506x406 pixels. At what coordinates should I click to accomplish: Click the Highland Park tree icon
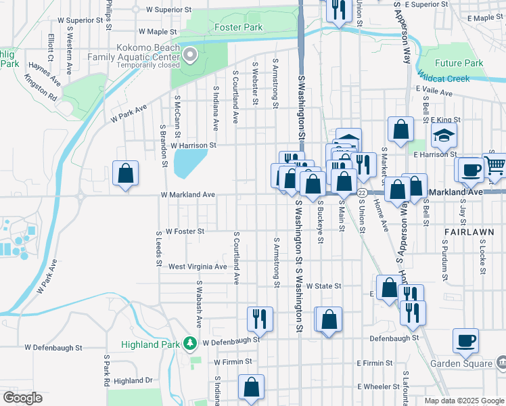point(191,344)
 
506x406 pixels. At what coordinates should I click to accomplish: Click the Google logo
point(22,398)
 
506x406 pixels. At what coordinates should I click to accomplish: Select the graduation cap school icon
point(444,137)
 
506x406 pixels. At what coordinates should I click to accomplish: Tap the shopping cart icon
point(495,164)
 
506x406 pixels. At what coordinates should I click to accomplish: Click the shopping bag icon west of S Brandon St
point(125,174)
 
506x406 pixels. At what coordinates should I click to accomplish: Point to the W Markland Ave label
point(187,195)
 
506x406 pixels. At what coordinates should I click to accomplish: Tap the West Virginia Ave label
point(198,267)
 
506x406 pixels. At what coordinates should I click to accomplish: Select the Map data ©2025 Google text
point(464,401)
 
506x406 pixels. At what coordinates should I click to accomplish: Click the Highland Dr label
point(133,381)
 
